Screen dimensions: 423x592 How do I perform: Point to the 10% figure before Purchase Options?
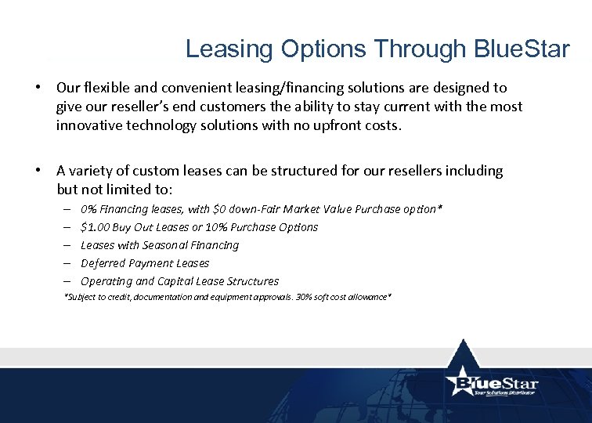click(216, 227)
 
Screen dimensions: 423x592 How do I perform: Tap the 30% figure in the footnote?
click(280, 298)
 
